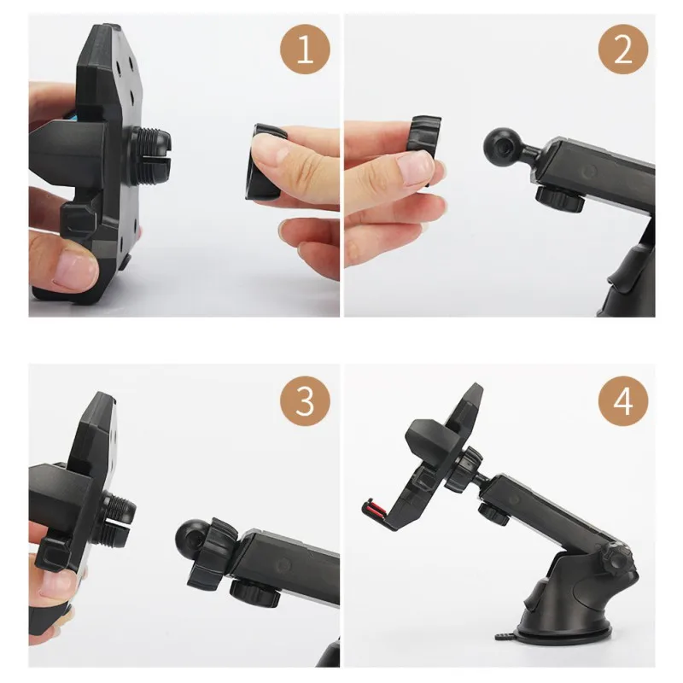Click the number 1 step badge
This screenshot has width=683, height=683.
(x=305, y=50)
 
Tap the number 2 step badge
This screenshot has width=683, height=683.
(x=623, y=50)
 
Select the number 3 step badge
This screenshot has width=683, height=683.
(x=305, y=401)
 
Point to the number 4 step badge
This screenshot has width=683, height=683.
(x=623, y=401)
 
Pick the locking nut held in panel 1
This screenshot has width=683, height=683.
(x=263, y=161)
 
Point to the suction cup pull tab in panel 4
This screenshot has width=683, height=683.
(x=506, y=637)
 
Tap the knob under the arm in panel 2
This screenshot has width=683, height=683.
(x=560, y=198)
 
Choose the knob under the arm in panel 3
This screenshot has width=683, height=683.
(x=255, y=593)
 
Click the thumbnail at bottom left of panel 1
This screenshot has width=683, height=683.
(x=74, y=269)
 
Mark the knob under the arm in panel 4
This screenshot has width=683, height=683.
(x=494, y=514)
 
